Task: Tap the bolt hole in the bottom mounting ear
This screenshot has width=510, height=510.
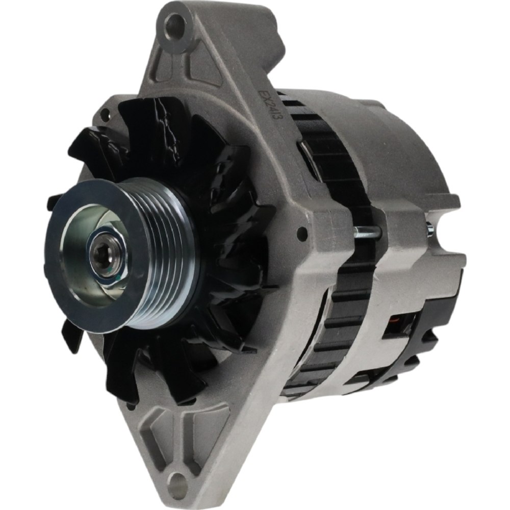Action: click(x=177, y=481)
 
